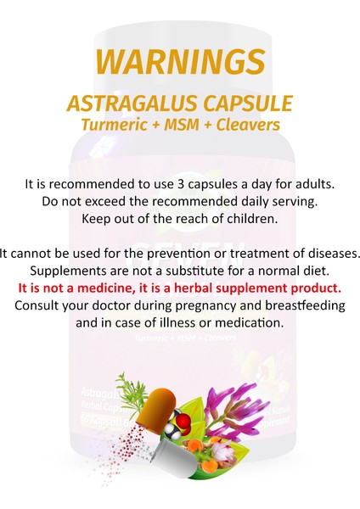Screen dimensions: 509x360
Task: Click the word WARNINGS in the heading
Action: click(x=180, y=61)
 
